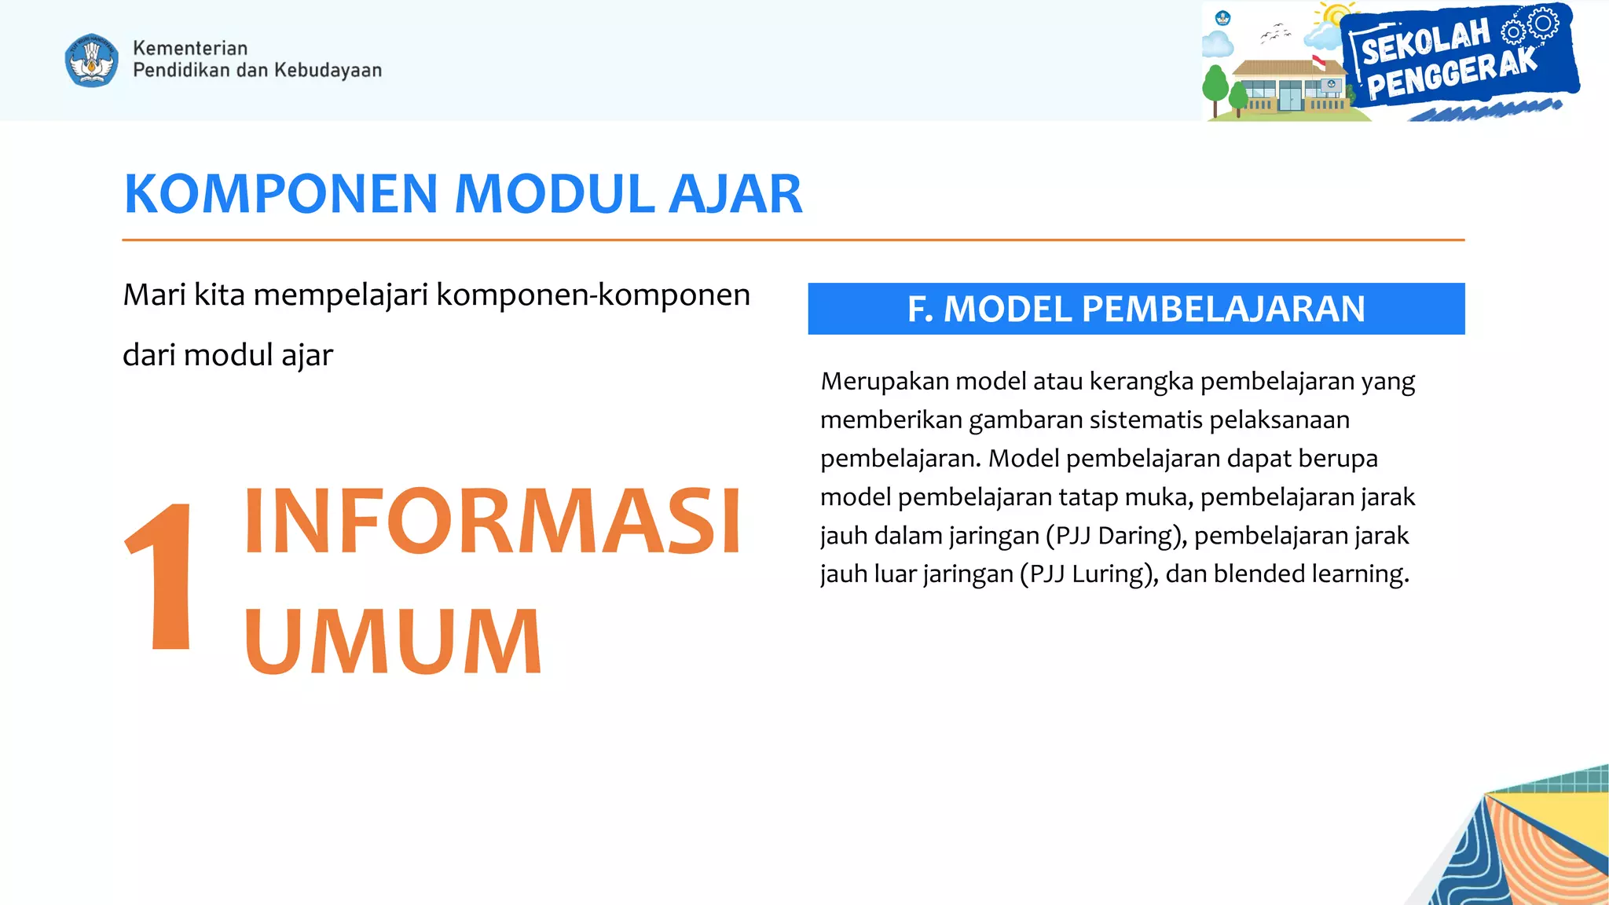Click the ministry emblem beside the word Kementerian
click(x=92, y=60)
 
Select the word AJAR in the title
click(x=735, y=194)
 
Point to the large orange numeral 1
click(x=162, y=577)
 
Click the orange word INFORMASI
click(x=493, y=522)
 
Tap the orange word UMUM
click(x=393, y=642)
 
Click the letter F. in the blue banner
click(x=920, y=309)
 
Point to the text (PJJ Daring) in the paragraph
click(x=1116, y=536)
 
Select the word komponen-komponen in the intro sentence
click(x=593, y=295)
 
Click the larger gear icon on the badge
click(x=1544, y=23)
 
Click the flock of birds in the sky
click(x=1275, y=33)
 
